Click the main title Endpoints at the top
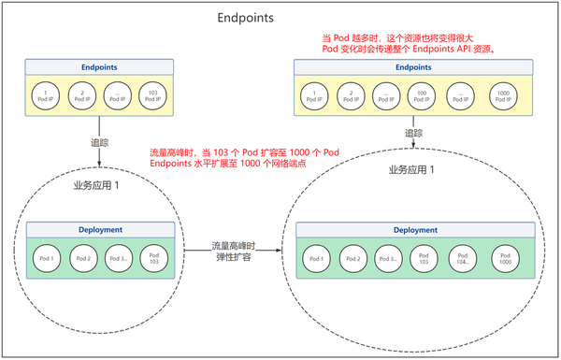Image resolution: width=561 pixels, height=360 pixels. [x=245, y=17]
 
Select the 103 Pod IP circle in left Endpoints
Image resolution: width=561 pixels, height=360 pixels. [x=152, y=95]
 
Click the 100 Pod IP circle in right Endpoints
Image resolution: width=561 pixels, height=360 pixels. [x=421, y=95]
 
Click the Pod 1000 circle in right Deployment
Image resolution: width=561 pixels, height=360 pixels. [x=506, y=259]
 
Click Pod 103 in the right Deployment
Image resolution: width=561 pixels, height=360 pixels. [x=422, y=259]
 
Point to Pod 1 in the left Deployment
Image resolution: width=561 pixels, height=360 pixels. [x=47, y=258]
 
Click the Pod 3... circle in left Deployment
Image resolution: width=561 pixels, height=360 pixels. [x=119, y=258]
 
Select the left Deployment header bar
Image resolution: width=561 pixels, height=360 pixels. [x=101, y=228]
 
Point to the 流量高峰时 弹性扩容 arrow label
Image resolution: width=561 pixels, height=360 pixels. [x=234, y=252]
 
